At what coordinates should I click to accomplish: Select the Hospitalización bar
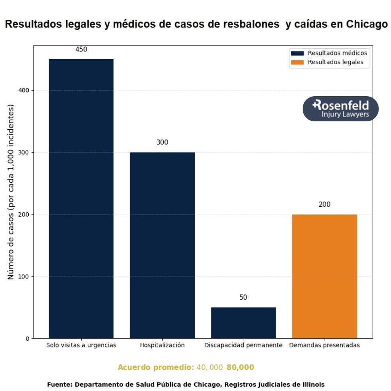(162, 245)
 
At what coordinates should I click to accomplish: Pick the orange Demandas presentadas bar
(324, 276)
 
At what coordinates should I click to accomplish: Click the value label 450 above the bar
(81, 49)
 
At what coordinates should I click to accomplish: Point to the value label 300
(162, 142)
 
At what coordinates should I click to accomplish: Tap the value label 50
(243, 298)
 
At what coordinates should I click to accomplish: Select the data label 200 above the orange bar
(324, 204)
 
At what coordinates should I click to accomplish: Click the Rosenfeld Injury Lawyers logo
(340, 109)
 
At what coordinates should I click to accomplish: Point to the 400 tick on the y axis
(24, 91)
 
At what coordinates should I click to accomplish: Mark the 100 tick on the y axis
(24, 276)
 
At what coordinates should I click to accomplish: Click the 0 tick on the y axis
(28, 339)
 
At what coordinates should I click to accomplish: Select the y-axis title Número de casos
(11, 192)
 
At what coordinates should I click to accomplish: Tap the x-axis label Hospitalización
(162, 345)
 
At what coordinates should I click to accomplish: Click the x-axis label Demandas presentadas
(324, 345)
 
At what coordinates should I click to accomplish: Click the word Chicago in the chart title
(366, 24)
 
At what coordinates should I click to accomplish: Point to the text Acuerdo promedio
(156, 367)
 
